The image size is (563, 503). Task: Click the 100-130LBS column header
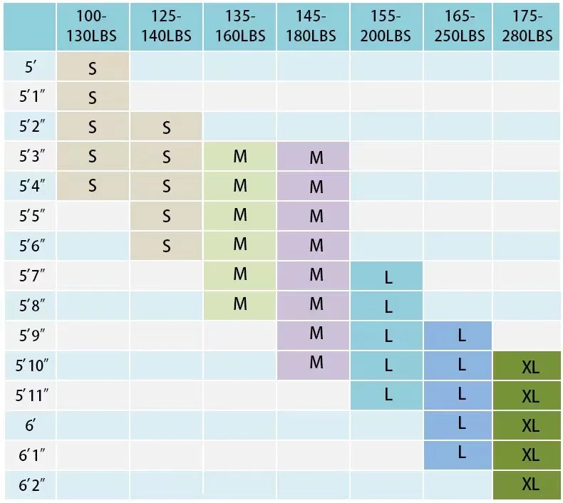93,26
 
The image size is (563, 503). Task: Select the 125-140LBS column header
166,26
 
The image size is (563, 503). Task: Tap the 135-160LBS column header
240,26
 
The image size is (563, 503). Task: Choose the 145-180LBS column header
313,26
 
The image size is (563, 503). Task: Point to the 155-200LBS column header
386,26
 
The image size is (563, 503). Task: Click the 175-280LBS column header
528,26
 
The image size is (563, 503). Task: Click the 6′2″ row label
30,484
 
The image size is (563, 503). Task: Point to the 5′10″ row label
30,365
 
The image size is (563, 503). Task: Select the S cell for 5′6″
166,247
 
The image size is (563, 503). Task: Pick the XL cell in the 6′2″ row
530,484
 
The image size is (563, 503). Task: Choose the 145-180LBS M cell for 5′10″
316,363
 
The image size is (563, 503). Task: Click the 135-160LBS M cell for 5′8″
240,304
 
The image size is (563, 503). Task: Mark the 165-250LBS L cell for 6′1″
461,452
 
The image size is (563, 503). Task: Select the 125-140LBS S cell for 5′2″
166,128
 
